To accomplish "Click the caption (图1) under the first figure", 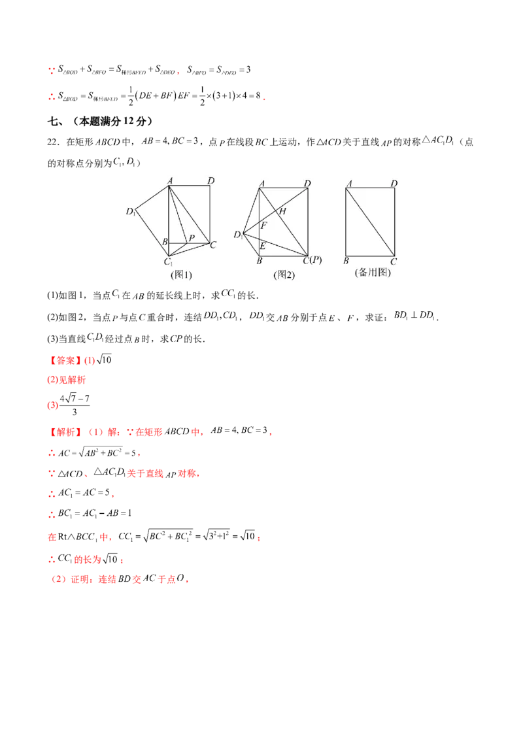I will [x=181, y=275].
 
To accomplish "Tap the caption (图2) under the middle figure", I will [x=284, y=275].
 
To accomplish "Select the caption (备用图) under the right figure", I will [x=372, y=272].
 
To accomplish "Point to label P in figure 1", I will [x=192, y=238].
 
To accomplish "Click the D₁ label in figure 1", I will [x=131, y=211].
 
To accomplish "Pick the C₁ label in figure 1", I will [x=168, y=263].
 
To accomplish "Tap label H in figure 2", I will [x=283, y=211].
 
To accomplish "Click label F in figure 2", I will [x=264, y=225].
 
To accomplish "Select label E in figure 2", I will [x=263, y=246].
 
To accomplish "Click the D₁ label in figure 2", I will [x=238, y=234].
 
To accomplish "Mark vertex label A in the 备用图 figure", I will [x=350, y=184].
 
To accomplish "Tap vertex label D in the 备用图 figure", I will [x=394, y=184].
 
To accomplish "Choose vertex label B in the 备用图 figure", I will [x=346, y=261].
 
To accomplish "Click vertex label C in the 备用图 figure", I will [x=394, y=261].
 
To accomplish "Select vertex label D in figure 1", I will [x=211, y=180].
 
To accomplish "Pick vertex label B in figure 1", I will [x=165, y=243].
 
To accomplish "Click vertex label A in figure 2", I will [x=261, y=184].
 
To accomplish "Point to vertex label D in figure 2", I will [x=307, y=184].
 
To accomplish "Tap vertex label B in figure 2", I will [x=260, y=261].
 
